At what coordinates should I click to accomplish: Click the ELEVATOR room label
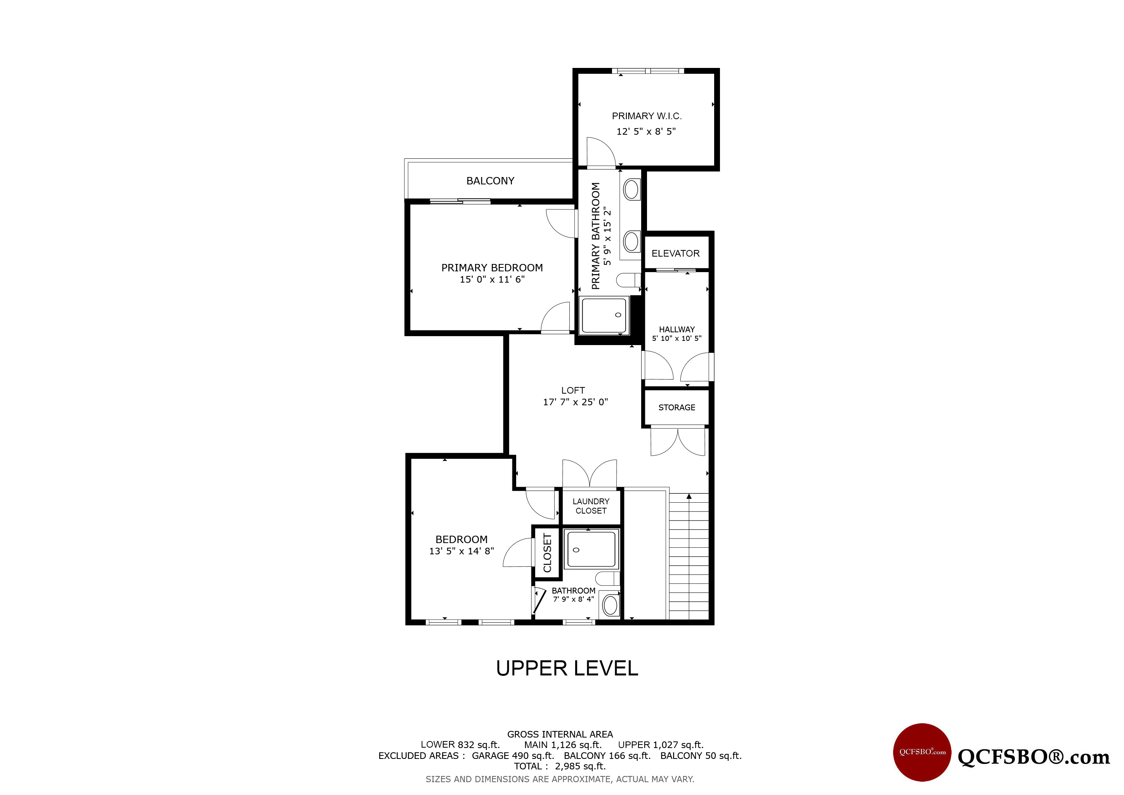click(676, 253)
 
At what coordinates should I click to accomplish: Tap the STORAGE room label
click(676, 407)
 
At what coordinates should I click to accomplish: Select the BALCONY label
click(490, 181)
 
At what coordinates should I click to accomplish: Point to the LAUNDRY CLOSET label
click(591, 506)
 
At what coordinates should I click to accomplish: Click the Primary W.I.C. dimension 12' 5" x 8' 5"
click(646, 131)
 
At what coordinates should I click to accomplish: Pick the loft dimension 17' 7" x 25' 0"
click(575, 402)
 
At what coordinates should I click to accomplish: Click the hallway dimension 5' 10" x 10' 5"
click(676, 338)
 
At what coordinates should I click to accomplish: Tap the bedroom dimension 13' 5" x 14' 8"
click(461, 551)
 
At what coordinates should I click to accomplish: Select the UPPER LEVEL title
click(567, 668)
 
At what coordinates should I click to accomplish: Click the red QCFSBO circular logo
click(922, 752)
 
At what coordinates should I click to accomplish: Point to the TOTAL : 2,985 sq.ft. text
click(560, 766)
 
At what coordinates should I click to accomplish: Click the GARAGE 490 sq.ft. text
click(513, 755)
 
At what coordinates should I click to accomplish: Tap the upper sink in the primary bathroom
click(631, 189)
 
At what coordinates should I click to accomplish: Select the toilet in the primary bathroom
click(628, 280)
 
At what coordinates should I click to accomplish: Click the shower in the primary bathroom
click(604, 316)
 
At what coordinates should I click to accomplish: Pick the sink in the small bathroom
click(611, 606)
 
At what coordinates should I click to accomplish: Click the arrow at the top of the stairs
click(689, 497)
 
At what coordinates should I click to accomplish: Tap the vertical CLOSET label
click(547, 553)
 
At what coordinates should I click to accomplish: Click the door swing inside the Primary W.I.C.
click(601, 152)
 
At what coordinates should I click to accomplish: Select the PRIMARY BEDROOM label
click(492, 268)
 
